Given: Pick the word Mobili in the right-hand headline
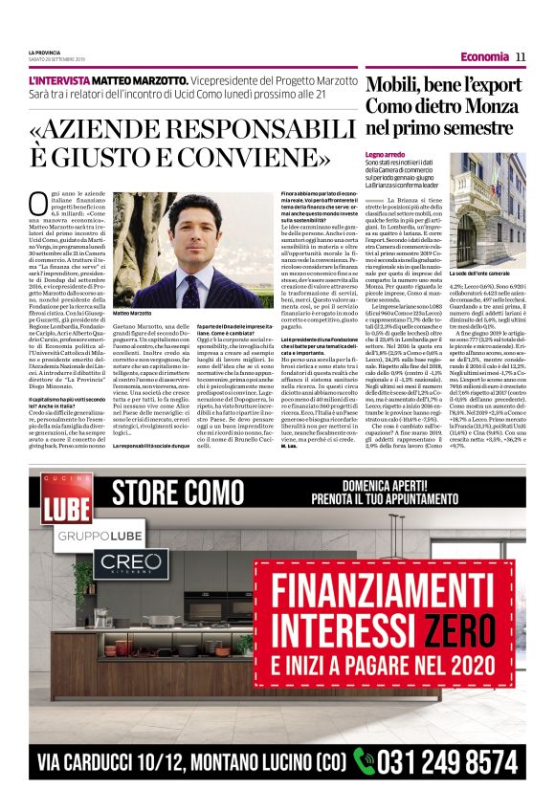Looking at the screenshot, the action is pyautogui.click(x=394, y=86).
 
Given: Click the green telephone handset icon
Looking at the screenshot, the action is pyautogui.click(x=364, y=761).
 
